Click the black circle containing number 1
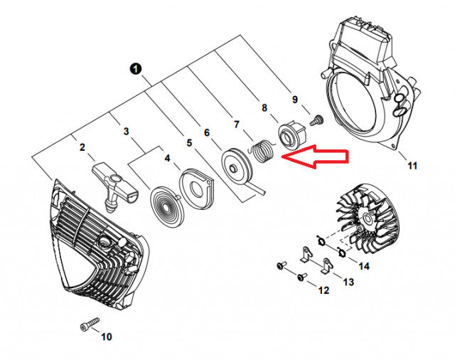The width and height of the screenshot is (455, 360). [x=136, y=68]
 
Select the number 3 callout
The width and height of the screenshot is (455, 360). [x=126, y=132]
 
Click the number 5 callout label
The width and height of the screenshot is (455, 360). [x=189, y=142]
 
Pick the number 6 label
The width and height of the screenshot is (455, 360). [x=206, y=132]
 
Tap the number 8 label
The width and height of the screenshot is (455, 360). [x=264, y=108]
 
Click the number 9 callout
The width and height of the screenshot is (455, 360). [x=295, y=99]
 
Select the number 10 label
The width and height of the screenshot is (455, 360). [x=107, y=337]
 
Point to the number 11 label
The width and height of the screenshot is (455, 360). [x=412, y=166]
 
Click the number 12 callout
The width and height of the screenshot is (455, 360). [x=323, y=290]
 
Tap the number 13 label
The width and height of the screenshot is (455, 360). [x=348, y=282]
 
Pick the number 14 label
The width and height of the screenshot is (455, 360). [x=365, y=266]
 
